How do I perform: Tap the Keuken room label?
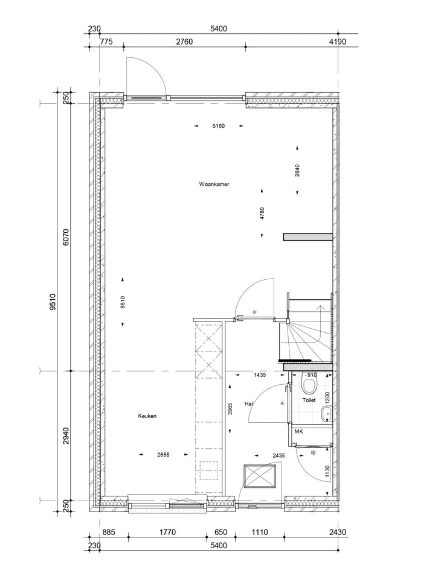click(x=147, y=416)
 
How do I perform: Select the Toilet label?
click(x=309, y=400)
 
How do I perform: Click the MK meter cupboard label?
click(x=298, y=432)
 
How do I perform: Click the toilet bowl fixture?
click(x=310, y=383)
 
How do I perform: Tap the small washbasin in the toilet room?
click(x=326, y=413)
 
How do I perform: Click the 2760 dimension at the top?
click(x=184, y=42)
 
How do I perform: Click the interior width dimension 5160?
click(x=218, y=126)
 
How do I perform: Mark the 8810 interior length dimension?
click(x=123, y=302)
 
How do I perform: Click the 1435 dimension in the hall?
click(x=260, y=375)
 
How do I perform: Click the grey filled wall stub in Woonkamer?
click(x=308, y=237)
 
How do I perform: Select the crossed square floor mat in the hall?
click(x=260, y=476)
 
